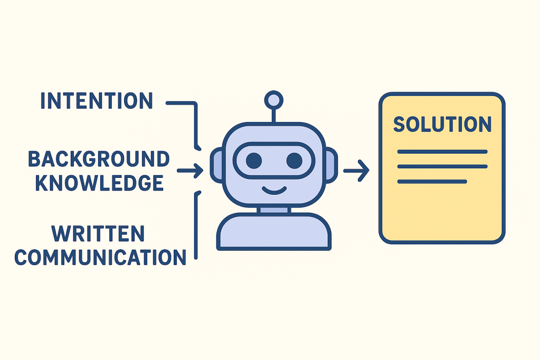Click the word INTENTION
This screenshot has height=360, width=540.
coord(97,101)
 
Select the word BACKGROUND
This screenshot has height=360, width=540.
coord(99,159)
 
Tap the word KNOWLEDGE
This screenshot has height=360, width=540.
coord(99,183)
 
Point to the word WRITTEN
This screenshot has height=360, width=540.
coord(98,234)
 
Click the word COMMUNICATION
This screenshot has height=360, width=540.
coord(100,257)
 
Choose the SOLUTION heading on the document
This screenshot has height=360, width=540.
coord(442,125)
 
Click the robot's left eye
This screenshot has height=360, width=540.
coord(253,160)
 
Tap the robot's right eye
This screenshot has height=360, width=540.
coord(294,160)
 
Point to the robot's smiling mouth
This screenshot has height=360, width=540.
coord(274,188)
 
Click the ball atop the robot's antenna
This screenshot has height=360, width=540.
coord(273,99)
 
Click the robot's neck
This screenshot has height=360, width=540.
coord(274,210)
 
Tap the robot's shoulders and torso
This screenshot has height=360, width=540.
coord(274,232)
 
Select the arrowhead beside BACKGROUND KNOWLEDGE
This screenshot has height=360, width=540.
coord(197,170)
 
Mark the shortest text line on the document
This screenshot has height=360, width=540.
coord(432,182)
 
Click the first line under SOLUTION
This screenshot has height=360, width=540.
coord(442,152)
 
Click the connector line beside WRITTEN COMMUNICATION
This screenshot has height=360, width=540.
coord(196,227)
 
